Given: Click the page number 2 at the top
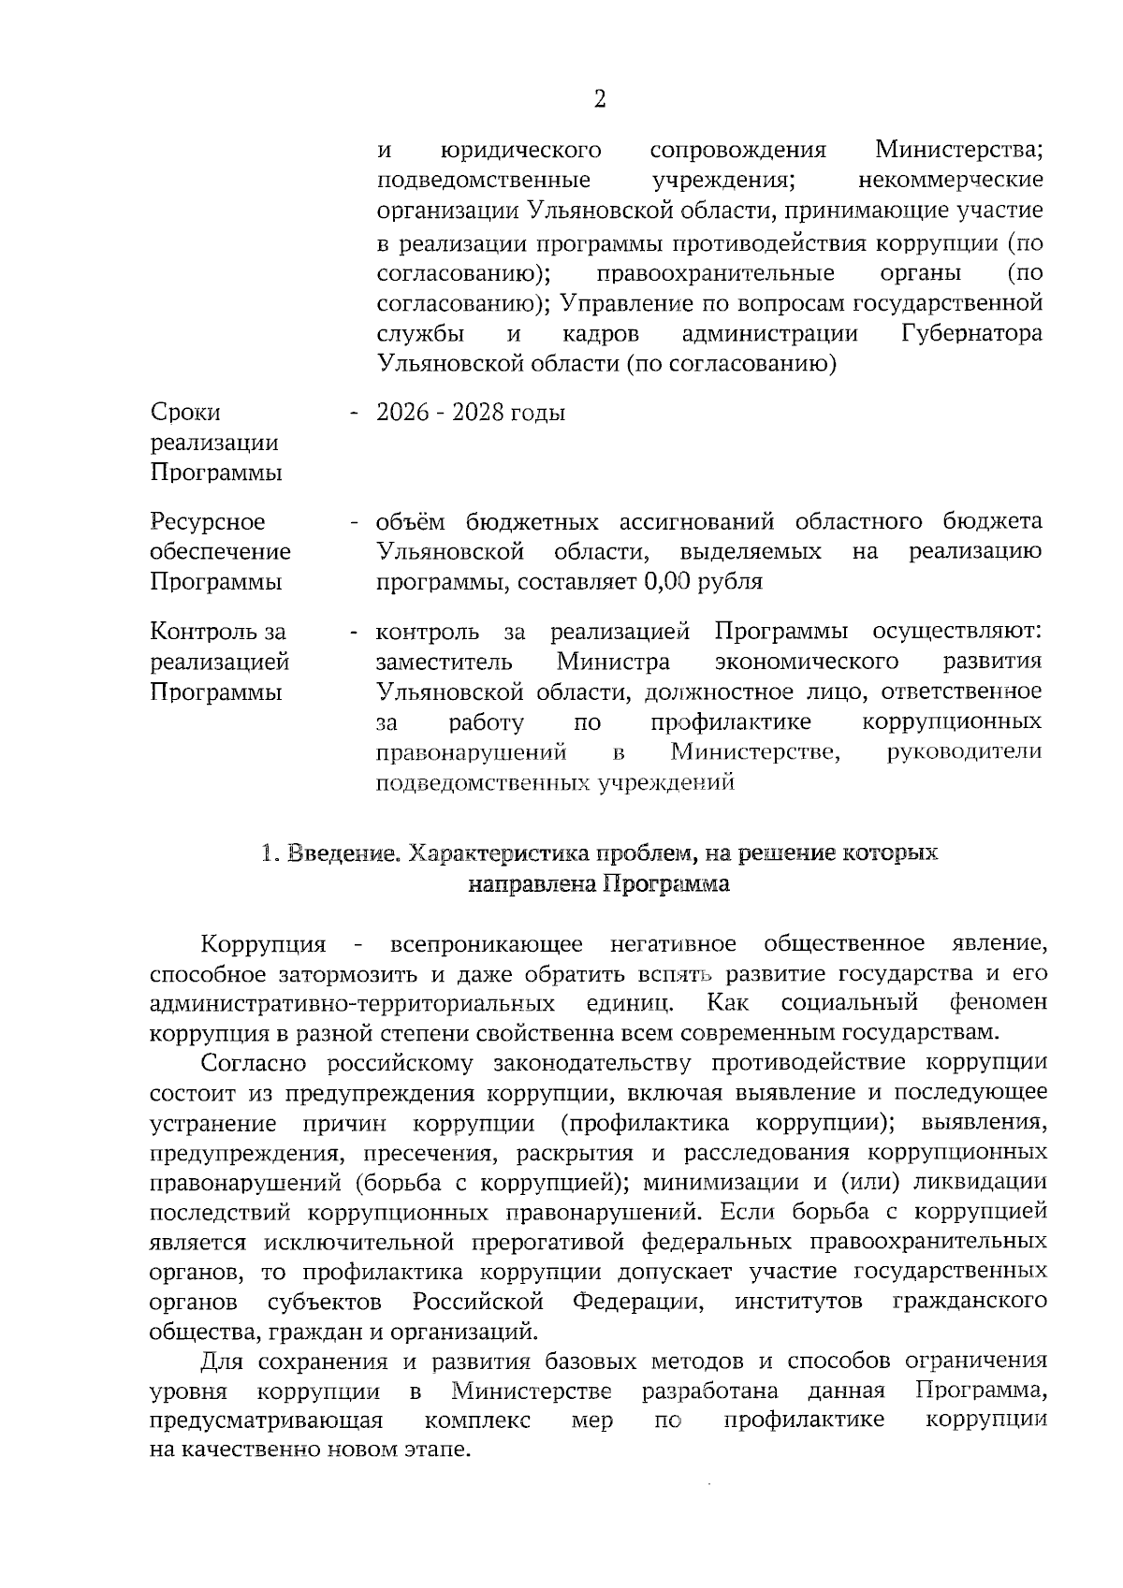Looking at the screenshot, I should pos(599,100).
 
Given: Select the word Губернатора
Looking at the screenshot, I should pos(971,334).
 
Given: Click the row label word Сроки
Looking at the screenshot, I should pos(185,413).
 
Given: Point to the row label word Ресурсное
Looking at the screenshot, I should pos(207,522).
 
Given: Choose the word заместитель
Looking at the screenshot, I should pos(444,663).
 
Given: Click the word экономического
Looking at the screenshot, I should pos(806,663).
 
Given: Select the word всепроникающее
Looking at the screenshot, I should pos(487,943).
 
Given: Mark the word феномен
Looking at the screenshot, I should pos(998,1003).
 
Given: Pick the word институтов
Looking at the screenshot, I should pos(798,1303).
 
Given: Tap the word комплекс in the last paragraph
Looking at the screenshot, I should pos(477,1420).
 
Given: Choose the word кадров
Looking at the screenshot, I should pos(601,334).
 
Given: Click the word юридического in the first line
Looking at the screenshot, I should pos(520,150).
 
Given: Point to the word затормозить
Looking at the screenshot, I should pos(348,973).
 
